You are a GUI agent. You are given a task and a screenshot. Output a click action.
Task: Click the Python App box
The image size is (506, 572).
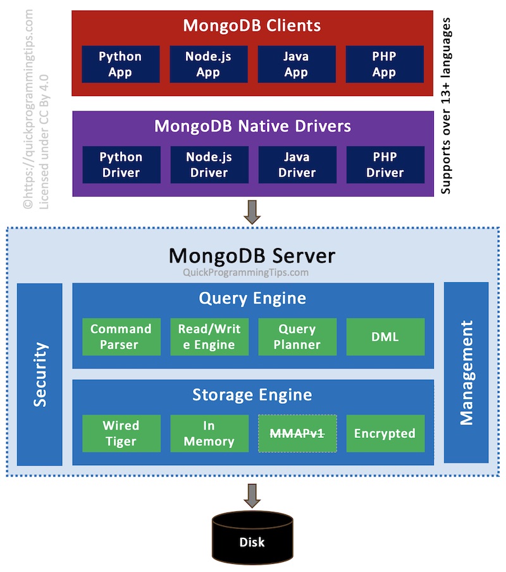120,64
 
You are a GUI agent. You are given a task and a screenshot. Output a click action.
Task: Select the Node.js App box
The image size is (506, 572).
208,64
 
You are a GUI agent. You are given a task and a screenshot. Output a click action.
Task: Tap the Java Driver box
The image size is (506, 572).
297,165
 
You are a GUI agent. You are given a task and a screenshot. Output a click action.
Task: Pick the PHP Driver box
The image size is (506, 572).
385,165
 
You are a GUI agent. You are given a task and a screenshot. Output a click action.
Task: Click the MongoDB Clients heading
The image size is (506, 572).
252,26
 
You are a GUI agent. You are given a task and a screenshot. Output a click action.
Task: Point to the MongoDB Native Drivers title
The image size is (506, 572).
252,126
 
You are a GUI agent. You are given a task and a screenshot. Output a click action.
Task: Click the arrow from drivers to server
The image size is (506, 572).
252,212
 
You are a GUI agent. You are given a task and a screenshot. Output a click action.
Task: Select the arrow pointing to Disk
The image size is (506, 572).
252,495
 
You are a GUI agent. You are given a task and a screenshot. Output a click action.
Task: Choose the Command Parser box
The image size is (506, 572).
121,337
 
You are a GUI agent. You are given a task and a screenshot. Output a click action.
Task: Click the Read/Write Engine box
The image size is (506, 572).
209,337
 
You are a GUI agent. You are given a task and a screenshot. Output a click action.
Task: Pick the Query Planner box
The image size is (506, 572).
297,337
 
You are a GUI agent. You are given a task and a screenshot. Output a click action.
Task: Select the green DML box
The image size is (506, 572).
385,337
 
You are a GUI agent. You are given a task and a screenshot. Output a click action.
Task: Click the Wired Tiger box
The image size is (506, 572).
121,433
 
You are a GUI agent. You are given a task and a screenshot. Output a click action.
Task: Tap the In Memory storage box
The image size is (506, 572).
209,433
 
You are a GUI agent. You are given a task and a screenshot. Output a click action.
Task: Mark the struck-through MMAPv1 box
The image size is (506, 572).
297,433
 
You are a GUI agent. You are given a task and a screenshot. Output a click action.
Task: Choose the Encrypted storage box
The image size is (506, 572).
385,433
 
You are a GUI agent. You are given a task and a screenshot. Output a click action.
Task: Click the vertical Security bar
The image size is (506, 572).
40,374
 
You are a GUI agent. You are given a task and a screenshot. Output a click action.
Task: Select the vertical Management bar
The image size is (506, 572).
466,373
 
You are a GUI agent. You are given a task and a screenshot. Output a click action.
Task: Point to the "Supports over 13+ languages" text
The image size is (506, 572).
446,106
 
